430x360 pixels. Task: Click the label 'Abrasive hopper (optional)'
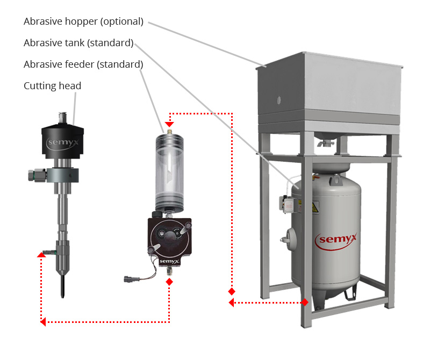pos(83,22)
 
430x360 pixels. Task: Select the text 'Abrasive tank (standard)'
pos(78,43)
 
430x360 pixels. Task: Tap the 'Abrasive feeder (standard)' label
pos(83,64)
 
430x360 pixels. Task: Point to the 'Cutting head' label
pos(52,86)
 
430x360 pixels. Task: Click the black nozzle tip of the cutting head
pos(64,285)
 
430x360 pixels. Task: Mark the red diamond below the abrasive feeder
pos(169,282)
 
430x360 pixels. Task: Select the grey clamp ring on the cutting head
pos(62,175)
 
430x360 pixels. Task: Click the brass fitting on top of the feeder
pos(169,130)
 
